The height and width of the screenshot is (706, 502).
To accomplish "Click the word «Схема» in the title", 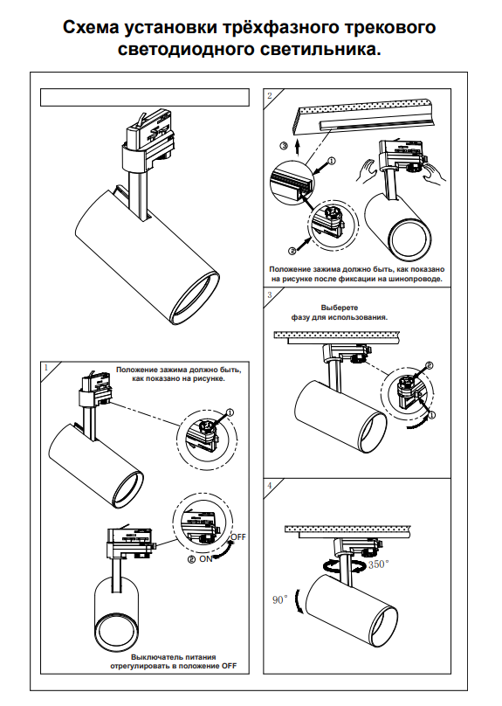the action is point(91,27).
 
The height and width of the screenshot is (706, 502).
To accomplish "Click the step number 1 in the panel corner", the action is point(45,367).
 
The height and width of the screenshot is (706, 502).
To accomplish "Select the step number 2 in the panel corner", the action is point(270,95).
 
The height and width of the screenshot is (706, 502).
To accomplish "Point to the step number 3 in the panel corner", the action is point(270,295).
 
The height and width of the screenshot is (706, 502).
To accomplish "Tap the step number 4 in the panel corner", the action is point(270,486).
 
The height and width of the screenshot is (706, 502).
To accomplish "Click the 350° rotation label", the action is point(379,564).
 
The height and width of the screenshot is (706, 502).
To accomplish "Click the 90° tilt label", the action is point(279,599).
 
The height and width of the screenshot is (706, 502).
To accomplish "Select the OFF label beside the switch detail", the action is point(238,537).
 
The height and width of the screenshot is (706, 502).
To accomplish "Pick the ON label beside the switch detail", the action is point(205,558).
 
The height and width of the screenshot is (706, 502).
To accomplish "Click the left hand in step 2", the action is point(367,170).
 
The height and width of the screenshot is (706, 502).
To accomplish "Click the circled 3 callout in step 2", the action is point(283,146).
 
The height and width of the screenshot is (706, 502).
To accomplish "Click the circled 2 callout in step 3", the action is point(429,365).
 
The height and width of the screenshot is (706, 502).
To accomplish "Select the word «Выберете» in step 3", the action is point(340,308).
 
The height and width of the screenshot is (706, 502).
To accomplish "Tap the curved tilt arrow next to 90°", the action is point(298,601).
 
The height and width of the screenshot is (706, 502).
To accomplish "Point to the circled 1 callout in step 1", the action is point(230,412).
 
